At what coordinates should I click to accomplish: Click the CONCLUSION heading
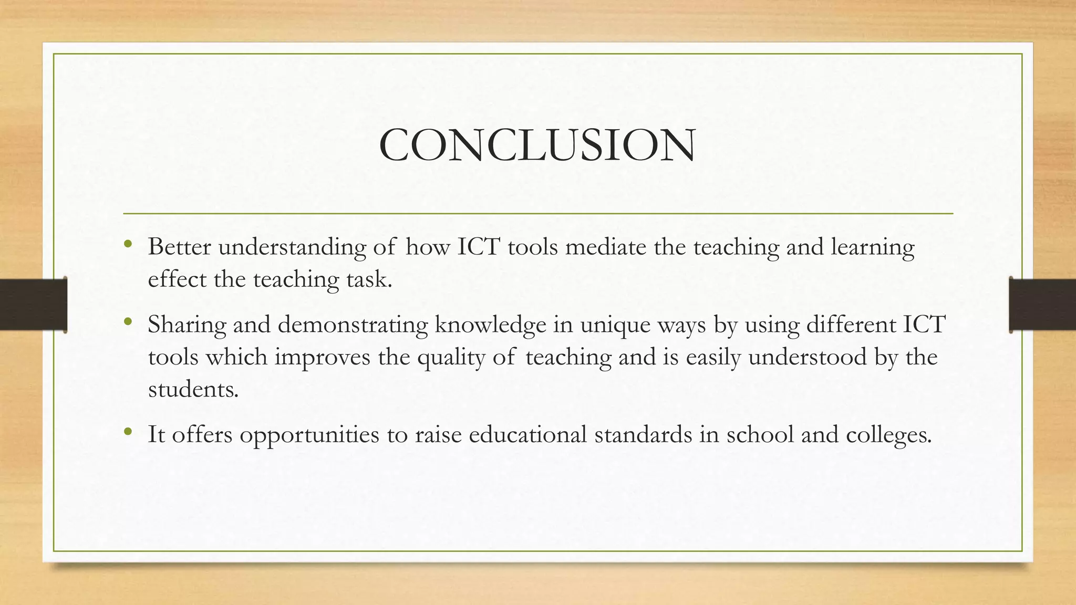tap(537, 145)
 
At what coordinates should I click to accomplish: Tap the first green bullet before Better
tap(128, 244)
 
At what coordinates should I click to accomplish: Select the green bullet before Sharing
tap(128, 321)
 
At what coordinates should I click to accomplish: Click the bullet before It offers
tap(128, 432)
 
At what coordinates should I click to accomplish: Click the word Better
tap(179, 246)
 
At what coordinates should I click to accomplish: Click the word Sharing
tap(187, 325)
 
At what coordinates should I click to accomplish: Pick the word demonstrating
tap(353, 325)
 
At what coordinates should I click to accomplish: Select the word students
tap(192, 390)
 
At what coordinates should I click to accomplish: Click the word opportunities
tap(309, 435)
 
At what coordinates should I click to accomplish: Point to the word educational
tap(527, 434)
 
